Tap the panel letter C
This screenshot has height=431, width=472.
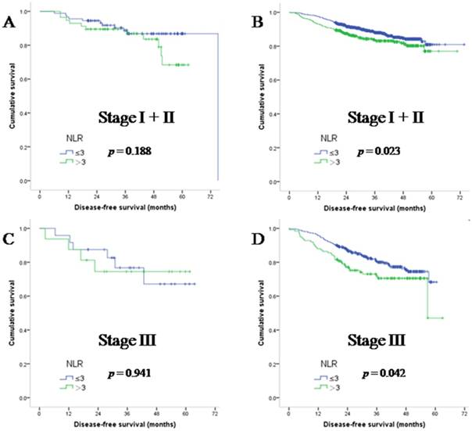[11, 236]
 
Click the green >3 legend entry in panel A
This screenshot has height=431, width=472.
[76, 162]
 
